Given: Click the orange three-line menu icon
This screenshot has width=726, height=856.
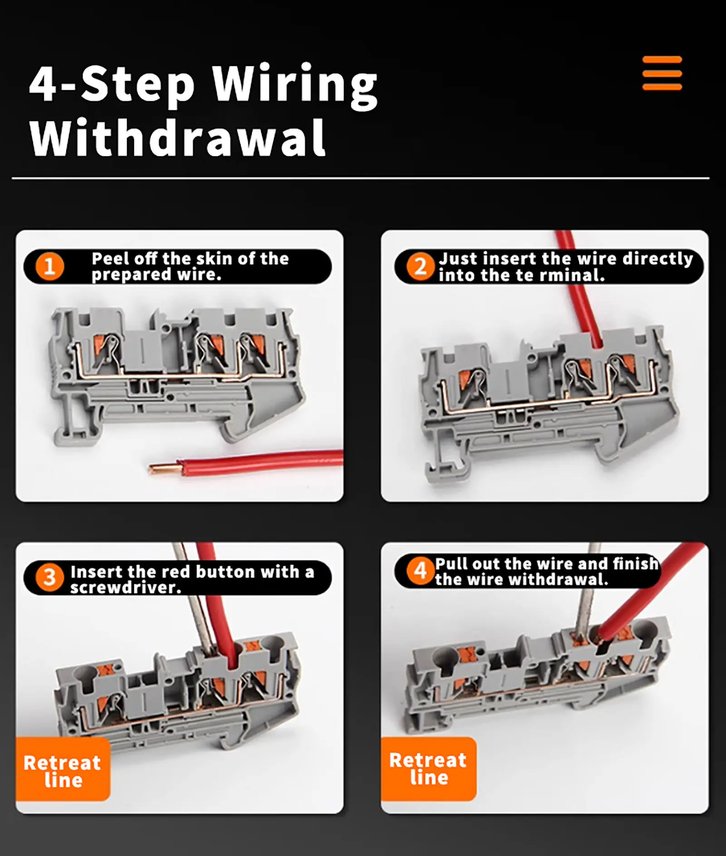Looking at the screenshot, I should click(x=662, y=73).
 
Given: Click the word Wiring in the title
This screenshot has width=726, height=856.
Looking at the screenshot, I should click(x=295, y=85).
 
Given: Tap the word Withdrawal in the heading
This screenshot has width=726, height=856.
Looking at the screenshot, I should click(x=177, y=138).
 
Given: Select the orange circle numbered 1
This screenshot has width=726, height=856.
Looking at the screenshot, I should click(x=49, y=266).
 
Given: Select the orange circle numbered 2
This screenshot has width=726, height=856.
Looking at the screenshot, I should click(x=420, y=266).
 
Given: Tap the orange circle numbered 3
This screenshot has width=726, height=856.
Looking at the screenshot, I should click(x=49, y=578).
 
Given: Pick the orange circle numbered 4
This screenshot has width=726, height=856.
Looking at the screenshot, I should click(x=420, y=570).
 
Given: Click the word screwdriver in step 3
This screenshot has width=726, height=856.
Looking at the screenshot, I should click(x=125, y=588).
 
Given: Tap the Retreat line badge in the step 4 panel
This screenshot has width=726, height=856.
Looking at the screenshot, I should click(x=428, y=768).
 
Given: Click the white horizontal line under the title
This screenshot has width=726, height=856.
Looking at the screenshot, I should click(x=360, y=178).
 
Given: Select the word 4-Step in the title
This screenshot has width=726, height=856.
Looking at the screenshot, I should click(x=112, y=85).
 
